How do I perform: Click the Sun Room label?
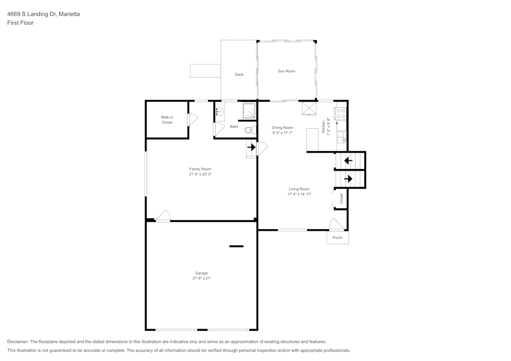(x=286, y=71)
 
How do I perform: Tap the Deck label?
(x=239, y=75)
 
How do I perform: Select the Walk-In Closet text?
(x=167, y=119)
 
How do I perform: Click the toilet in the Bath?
(x=250, y=130)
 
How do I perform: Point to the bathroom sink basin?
(x=220, y=111)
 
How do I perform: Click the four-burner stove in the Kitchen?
(x=341, y=113)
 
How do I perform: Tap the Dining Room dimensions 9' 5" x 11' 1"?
(x=282, y=133)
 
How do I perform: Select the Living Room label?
(x=299, y=189)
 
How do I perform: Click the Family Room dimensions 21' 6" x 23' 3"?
(x=200, y=174)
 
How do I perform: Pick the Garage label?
(x=201, y=273)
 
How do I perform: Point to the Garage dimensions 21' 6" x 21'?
(x=201, y=278)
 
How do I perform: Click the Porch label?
(x=337, y=238)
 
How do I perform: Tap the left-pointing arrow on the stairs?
(x=349, y=160)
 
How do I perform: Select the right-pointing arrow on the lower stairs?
(x=349, y=179)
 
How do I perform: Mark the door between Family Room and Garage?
(x=163, y=216)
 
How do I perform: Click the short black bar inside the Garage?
(x=236, y=246)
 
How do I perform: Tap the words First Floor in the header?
(x=20, y=23)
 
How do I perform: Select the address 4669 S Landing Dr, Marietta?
(x=43, y=14)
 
